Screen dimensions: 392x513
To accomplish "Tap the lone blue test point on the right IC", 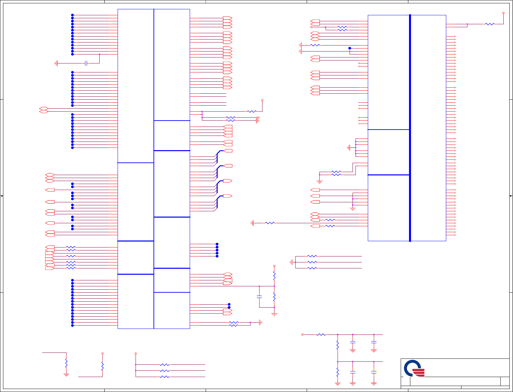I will click(x=350, y=48).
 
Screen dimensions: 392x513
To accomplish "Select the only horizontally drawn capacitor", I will click(x=86, y=63).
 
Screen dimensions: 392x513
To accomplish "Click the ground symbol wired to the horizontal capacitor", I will click(x=56, y=63).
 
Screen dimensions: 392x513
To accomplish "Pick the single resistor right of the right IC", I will click(x=490, y=24).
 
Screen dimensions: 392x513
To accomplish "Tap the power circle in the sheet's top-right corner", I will click(x=503, y=13).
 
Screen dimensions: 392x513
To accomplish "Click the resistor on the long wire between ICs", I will click(x=270, y=223).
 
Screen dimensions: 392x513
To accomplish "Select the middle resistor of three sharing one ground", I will click(x=312, y=262).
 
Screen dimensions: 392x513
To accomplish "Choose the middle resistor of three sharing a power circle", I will click(x=164, y=371).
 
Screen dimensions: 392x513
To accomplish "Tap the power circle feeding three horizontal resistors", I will click(x=136, y=353).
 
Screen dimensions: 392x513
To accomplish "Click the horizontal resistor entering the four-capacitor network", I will click(x=321, y=335).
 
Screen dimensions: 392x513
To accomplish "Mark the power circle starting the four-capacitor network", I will click(x=302, y=335).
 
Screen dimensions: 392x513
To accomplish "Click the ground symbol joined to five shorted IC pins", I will click(x=348, y=147).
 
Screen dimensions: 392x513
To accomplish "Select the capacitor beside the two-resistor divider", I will click(x=259, y=297).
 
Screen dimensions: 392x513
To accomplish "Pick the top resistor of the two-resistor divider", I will click(x=274, y=276).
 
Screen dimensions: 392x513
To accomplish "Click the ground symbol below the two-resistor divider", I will click(x=274, y=314).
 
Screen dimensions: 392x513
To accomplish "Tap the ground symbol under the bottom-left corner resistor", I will click(x=66, y=375).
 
